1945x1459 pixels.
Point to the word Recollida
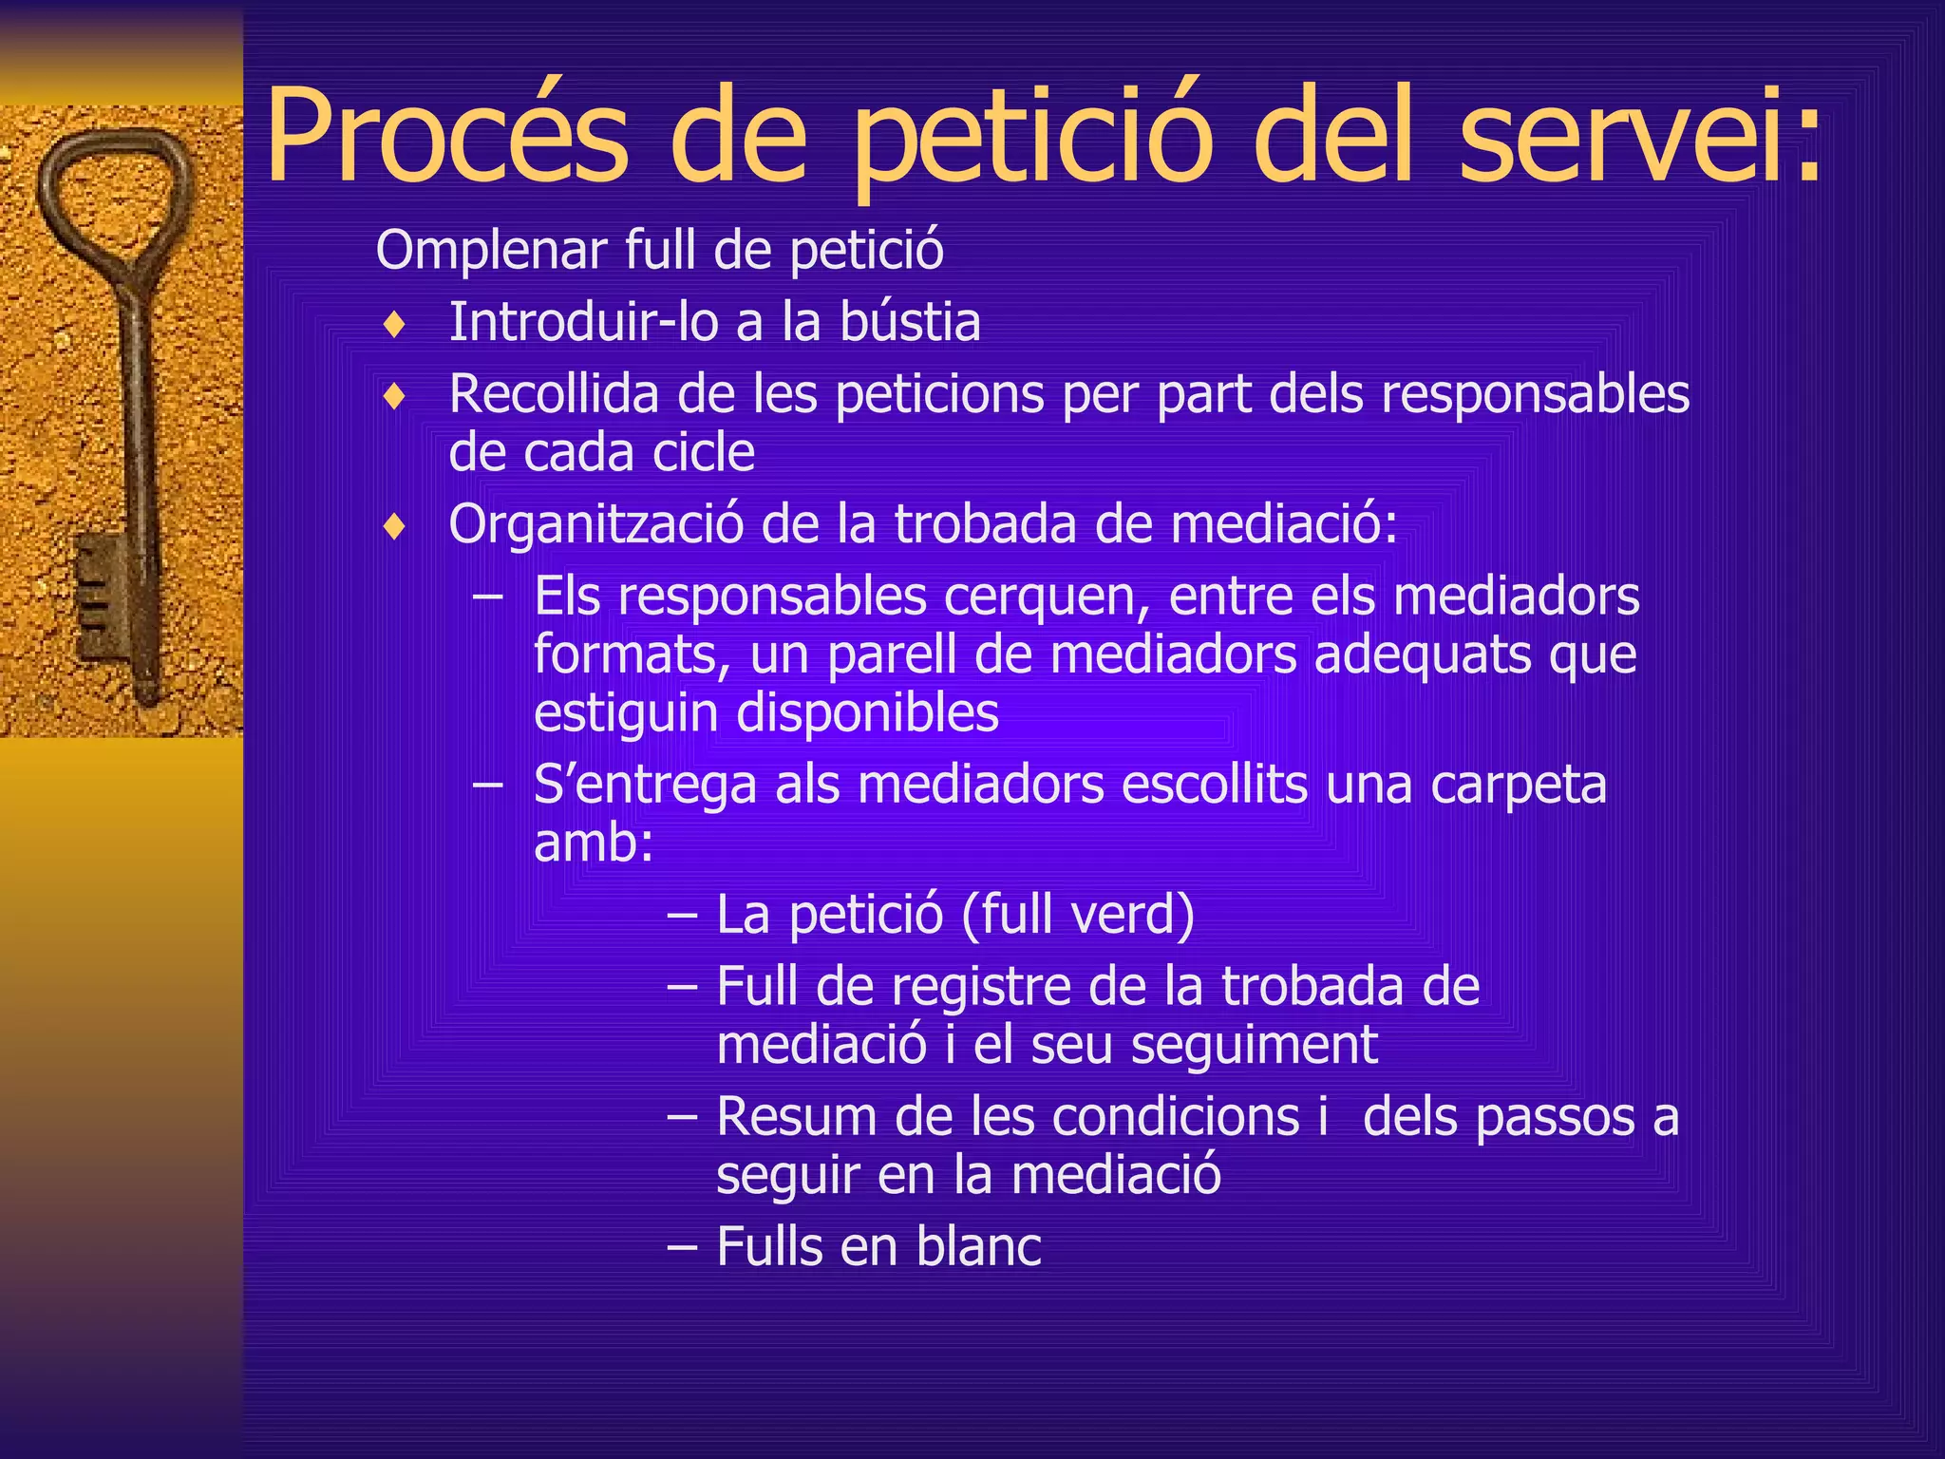point(554,394)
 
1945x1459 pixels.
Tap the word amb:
point(594,843)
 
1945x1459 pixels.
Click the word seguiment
point(1254,1045)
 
